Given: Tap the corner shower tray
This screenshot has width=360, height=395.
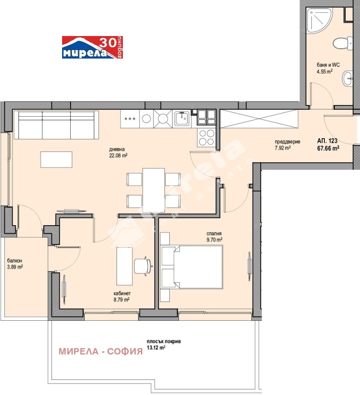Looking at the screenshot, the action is pyautogui.click(x=319, y=21).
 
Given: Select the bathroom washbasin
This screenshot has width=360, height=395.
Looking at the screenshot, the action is pyautogui.click(x=347, y=78).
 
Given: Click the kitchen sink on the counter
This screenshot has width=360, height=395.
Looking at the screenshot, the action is pyautogui.click(x=182, y=118).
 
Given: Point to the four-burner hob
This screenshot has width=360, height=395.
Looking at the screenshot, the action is pyautogui.click(x=207, y=137).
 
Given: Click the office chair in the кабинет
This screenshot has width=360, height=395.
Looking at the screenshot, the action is pyautogui.click(x=143, y=266).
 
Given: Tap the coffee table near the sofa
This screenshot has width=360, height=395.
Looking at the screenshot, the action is pyautogui.click(x=56, y=159).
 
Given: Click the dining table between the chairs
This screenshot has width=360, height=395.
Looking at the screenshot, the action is pyautogui.click(x=153, y=190).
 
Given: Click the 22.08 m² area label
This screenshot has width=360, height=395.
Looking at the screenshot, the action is pyautogui.click(x=118, y=156).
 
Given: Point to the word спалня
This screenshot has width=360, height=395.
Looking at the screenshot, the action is pyautogui.click(x=214, y=234).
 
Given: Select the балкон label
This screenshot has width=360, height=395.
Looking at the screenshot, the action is pyautogui.click(x=14, y=261).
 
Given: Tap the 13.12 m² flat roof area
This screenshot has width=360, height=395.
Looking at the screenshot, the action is pyautogui.click(x=156, y=348).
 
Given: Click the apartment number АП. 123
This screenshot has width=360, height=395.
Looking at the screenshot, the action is pyautogui.click(x=327, y=141).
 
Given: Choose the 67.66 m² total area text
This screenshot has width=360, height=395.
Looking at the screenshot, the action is pyautogui.click(x=328, y=148).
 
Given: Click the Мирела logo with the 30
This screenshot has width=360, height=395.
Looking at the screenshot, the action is pyautogui.click(x=92, y=47).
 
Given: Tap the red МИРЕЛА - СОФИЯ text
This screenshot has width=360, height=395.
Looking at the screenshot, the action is pyautogui.click(x=101, y=351).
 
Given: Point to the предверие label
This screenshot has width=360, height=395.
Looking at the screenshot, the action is pyautogui.click(x=288, y=142).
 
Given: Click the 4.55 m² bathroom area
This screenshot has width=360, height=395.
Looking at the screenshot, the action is pyautogui.click(x=325, y=72).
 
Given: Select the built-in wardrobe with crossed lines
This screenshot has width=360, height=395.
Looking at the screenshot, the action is pyautogui.click(x=259, y=119).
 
